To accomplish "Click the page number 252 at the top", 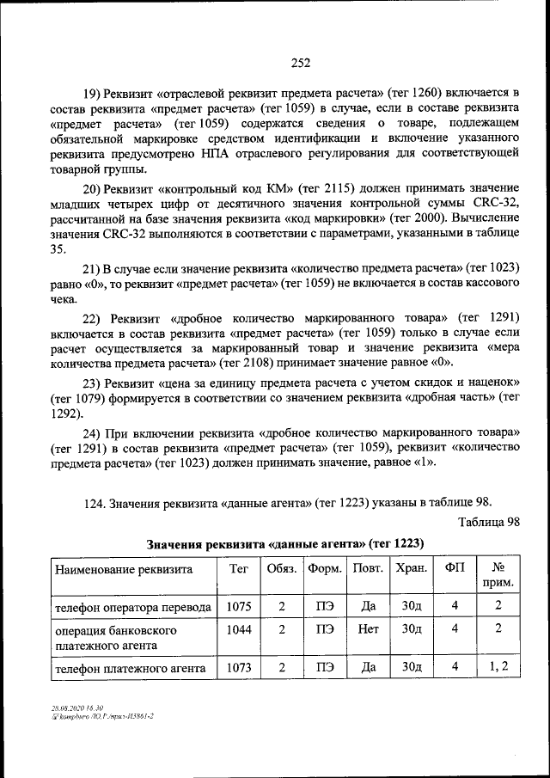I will click(x=300, y=62).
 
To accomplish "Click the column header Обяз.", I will click(x=282, y=568).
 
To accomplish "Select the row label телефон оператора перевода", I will click(x=132, y=606).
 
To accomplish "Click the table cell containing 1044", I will click(x=238, y=629).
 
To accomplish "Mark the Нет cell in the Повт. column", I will click(x=368, y=629).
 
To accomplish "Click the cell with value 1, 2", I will click(x=499, y=666).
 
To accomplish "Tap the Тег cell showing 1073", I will click(x=238, y=666).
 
